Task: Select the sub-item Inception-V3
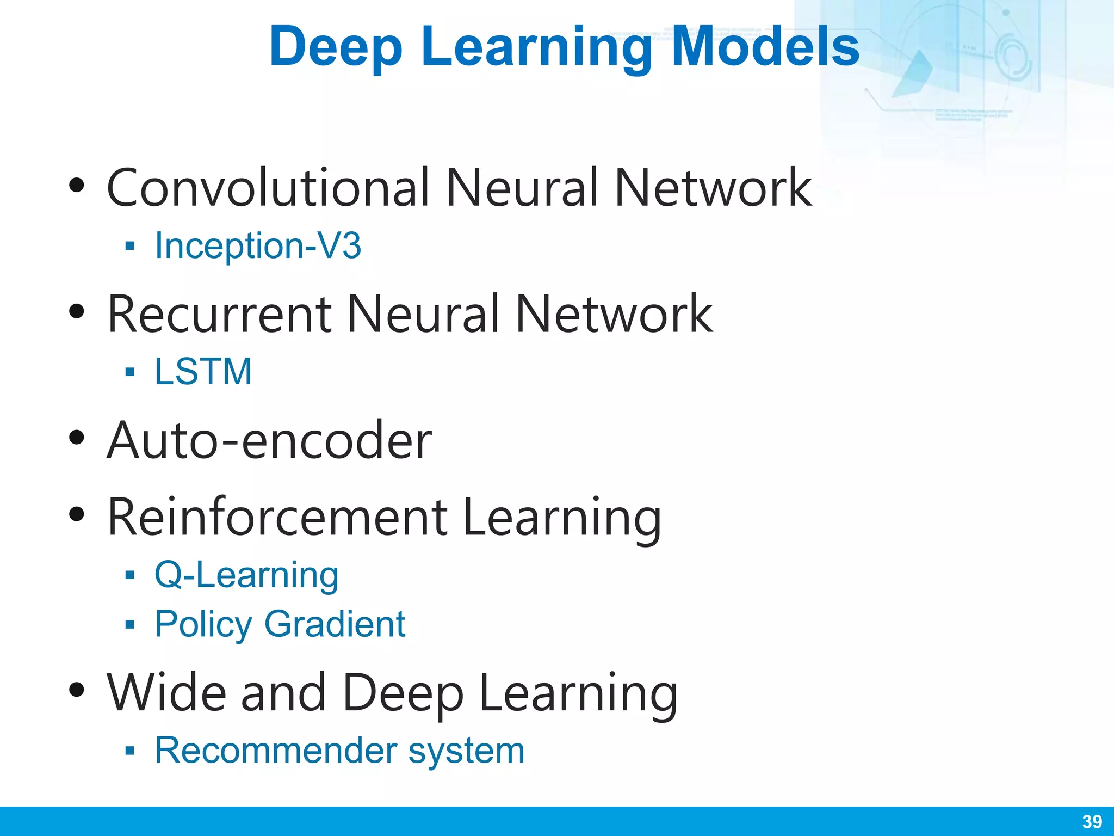click(258, 245)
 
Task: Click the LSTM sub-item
click(203, 372)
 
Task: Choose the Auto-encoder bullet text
click(269, 440)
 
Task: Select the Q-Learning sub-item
click(246, 575)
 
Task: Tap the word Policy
click(203, 624)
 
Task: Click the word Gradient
click(335, 624)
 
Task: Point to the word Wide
click(166, 692)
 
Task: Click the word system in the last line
click(466, 751)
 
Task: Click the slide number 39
click(1092, 821)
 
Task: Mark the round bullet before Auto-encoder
click(77, 438)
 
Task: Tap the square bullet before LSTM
click(129, 372)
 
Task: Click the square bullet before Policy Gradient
click(129, 624)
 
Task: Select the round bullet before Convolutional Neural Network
click(77, 186)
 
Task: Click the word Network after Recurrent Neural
click(614, 314)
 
